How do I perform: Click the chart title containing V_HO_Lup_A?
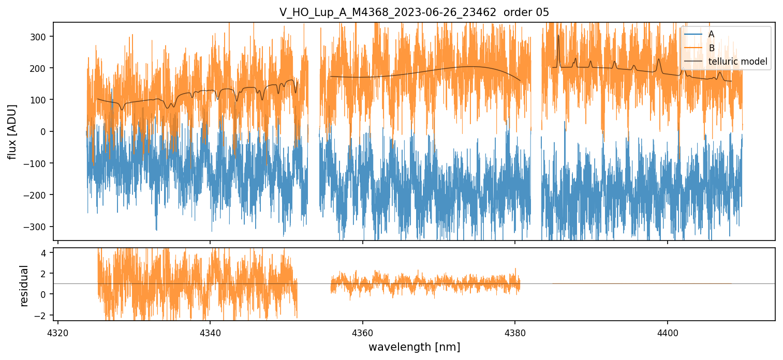(414, 12)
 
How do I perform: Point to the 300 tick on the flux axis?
(39, 37)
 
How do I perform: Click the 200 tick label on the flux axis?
(39, 68)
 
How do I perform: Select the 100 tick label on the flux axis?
(39, 100)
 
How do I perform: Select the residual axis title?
(24, 285)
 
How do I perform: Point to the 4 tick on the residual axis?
(45, 253)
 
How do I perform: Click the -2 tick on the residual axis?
(42, 315)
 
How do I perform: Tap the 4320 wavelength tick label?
(58, 331)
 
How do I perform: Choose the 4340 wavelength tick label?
(210, 331)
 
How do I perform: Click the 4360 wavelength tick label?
(363, 331)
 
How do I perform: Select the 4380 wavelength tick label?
(515, 331)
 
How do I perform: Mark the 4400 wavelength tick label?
(667, 331)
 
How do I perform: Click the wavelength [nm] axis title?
(414, 347)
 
